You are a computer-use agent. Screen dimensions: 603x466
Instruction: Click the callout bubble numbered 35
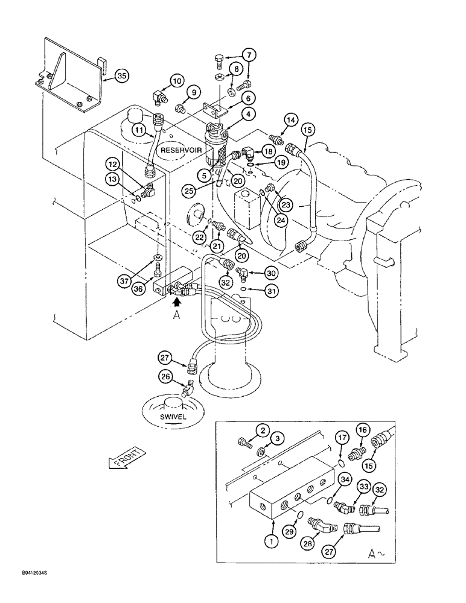123,76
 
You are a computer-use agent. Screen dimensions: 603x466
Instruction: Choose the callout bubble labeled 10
176,81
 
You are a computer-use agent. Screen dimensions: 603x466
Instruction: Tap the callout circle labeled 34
344,479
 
